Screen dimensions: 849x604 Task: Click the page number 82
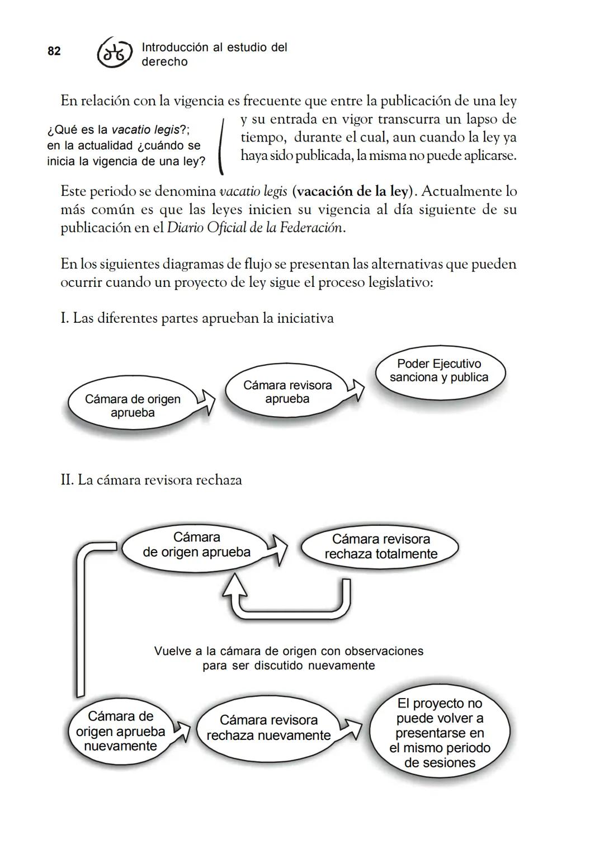pyautogui.click(x=54, y=51)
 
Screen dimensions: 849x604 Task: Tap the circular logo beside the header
pyautogui.click(x=115, y=54)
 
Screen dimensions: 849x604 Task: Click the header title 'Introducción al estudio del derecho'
pyautogui.click(x=214, y=54)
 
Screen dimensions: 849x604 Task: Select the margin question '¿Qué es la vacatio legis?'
pyautogui.click(x=119, y=130)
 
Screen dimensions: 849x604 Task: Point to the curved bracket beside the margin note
pyautogui.click(x=222, y=145)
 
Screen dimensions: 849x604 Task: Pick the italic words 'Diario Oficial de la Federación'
pyautogui.click(x=254, y=228)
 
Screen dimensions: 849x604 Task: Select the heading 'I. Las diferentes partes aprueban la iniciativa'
pyautogui.click(x=197, y=318)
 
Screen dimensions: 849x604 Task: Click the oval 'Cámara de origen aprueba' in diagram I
pyautogui.click(x=133, y=405)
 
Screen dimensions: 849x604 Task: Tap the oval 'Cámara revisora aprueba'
pyautogui.click(x=287, y=392)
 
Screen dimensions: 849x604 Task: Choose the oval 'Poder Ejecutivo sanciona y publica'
pyautogui.click(x=439, y=371)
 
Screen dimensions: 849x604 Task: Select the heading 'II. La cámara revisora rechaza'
pyautogui.click(x=151, y=480)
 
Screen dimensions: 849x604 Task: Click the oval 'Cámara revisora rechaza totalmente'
pyautogui.click(x=380, y=546)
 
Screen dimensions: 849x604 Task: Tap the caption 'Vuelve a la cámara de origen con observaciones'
pyautogui.click(x=289, y=651)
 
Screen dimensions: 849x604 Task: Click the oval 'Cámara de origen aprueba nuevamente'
pyautogui.click(x=121, y=731)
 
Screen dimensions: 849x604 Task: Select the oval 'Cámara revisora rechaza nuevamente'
pyautogui.click(x=268, y=728)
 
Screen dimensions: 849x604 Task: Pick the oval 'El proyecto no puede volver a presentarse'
pyautogui.click(x=440, y=733)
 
